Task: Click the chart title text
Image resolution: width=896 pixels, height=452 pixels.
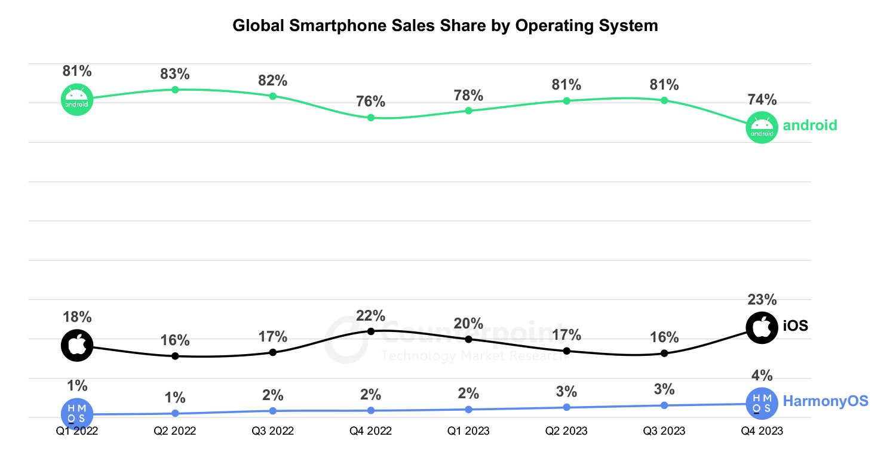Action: pyautogui.click(x=445, y=26)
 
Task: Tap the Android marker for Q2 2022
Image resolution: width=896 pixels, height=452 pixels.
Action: pyautogui.click(x=175, y=90)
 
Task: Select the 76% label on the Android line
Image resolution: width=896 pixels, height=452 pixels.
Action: pyautogui.click(x=371, y=102)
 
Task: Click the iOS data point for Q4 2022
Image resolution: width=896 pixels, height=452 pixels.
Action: pyautogui.click(x=371, y=331)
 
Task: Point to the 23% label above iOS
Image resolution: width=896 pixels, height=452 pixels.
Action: pyautogui.click(x=762, y=300)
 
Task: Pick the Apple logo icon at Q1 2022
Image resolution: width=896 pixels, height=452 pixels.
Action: pyautogui.click(x=77, y=345)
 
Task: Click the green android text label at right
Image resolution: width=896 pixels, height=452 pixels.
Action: pyautogui.click(x=810, y=125)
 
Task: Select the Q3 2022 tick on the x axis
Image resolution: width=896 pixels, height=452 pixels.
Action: pyautogui.click(x=273, y=431)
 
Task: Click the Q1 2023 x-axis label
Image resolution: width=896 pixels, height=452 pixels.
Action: pyautogui.click(x=469, y=431)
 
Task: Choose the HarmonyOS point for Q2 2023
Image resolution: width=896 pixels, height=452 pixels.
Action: pyautogui.click(x=567, y=407)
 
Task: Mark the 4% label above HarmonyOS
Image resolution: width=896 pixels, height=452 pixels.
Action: pyautogui.click(x=762, y=376)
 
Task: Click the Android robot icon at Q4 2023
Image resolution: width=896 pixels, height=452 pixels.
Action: pyautogui.click(x=762, y=127)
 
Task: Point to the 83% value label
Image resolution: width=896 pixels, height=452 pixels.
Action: pyautogui.click(x=175, y=75)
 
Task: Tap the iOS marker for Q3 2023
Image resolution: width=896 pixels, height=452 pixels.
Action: pyautogui.click(x=664, y=353)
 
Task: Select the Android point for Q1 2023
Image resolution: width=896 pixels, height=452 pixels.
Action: pyautogui.click(x=469, y=110)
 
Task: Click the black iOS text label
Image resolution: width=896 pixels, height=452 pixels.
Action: pyautogui.click(x=795, y=326)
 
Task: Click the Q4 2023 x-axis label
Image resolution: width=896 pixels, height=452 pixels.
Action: pyautogui.click(x=762, y=431)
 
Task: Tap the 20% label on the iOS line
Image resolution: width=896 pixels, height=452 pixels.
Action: pyautogui.click(x=469, y=324)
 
